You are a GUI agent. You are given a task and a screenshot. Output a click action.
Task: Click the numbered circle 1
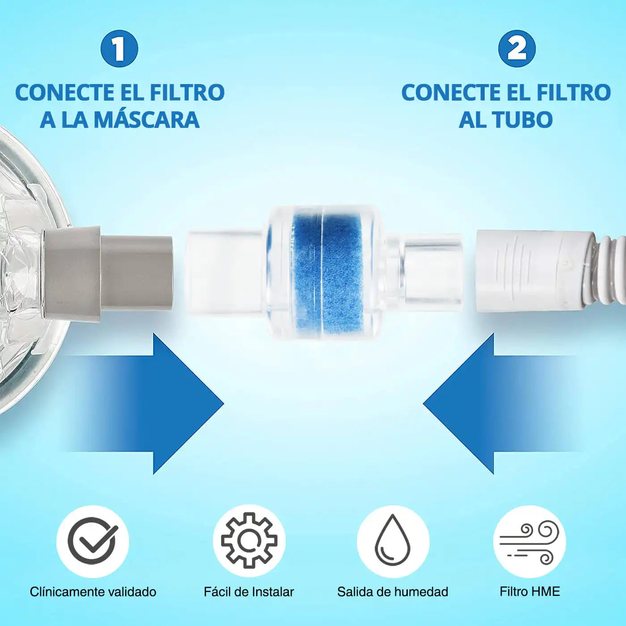(119, 49)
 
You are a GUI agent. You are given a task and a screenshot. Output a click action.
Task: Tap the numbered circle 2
(517, 49)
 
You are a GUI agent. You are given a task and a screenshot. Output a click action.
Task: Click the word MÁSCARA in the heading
(148, 119)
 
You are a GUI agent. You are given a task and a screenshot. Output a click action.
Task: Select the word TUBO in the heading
(522, 119)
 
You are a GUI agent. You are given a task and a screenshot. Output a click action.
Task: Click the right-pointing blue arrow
(143, 403)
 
